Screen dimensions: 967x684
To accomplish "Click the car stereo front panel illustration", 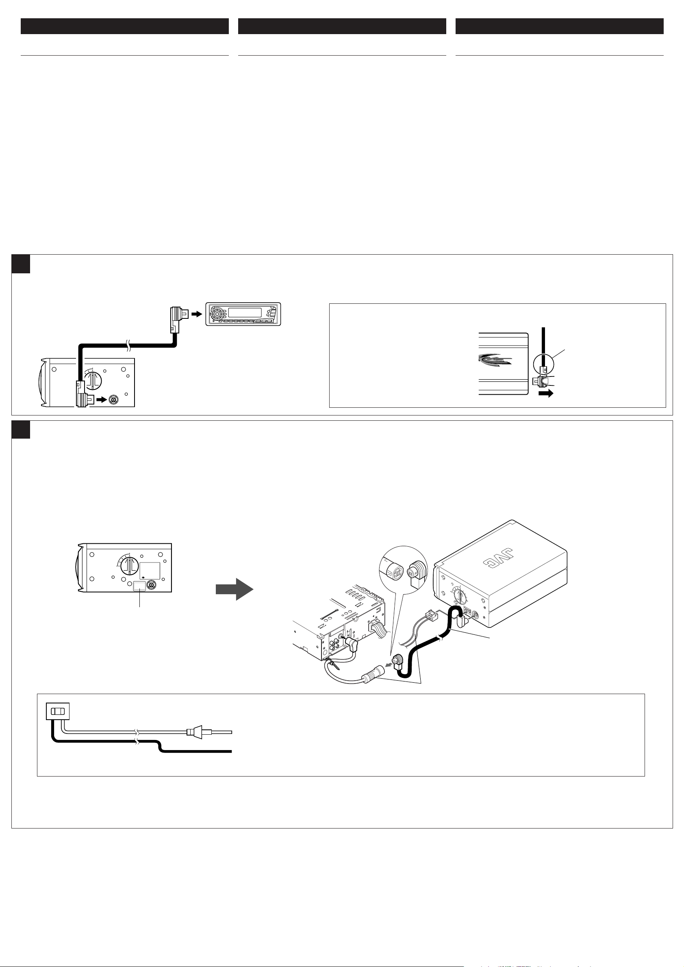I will click(243, 314).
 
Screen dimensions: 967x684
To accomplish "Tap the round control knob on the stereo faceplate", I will click(217, 314).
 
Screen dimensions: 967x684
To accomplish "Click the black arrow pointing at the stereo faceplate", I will click(197, 314).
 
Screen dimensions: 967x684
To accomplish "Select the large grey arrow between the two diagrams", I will click(235, 589).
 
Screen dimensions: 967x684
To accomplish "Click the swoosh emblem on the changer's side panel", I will click(495, 359).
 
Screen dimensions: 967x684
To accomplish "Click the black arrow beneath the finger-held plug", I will click(546, 394).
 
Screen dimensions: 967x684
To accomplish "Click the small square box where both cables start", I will click(58, 712).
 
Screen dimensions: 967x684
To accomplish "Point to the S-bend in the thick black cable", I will click(159, 747).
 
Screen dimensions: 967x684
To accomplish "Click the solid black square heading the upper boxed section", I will click(21, 264).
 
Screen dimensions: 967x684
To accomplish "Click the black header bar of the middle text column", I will click(342, 26).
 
